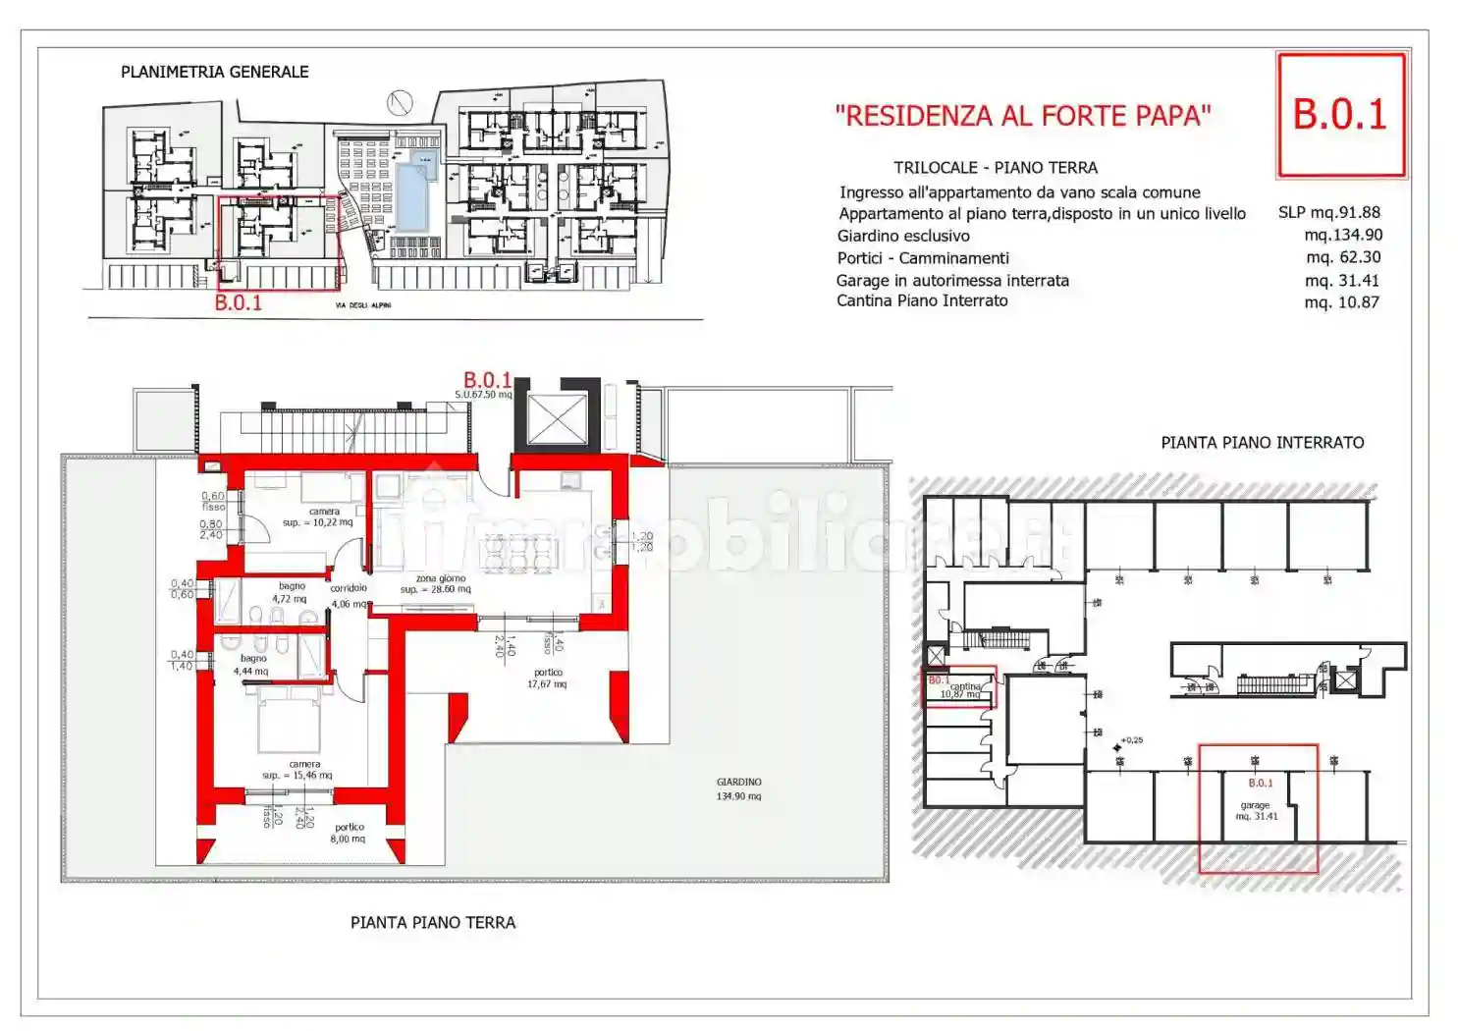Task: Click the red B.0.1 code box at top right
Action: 1340,115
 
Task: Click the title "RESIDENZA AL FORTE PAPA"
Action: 1022,116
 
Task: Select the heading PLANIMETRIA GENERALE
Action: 214,72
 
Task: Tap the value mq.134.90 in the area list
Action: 1343,235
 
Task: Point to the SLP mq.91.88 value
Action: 1328,212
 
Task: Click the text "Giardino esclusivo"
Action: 902,236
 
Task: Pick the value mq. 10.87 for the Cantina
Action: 1341,302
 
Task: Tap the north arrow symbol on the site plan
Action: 399,101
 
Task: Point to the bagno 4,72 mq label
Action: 290,592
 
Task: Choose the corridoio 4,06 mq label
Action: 349,596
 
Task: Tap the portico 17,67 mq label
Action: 547,678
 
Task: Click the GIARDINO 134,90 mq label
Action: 738,788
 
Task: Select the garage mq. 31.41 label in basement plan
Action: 1256,810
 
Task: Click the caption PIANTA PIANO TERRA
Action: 432,922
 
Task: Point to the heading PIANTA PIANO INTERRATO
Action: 1262,443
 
